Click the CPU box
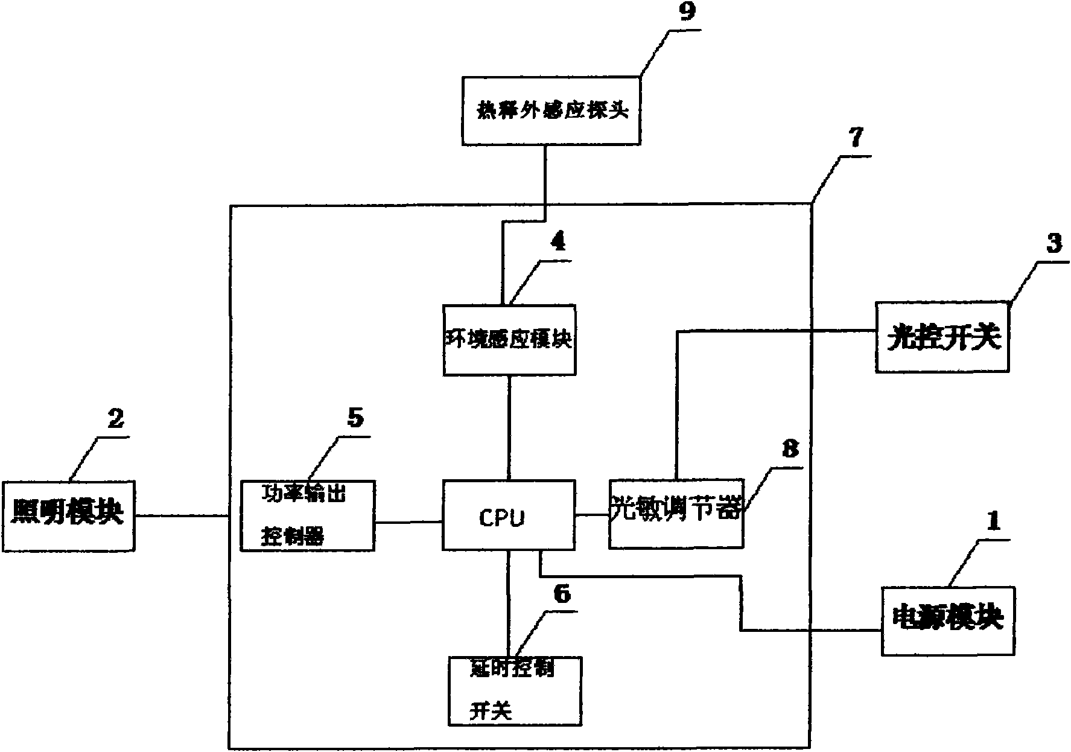508,515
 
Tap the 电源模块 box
947,620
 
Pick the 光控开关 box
942,337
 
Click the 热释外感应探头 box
551,110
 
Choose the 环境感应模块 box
509,340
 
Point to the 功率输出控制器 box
307,515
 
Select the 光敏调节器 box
676,514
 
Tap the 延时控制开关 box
515,690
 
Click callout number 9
686,13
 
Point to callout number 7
856,139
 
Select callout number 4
558,242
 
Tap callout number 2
115,418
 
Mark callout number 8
789,449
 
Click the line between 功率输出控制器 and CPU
408,521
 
